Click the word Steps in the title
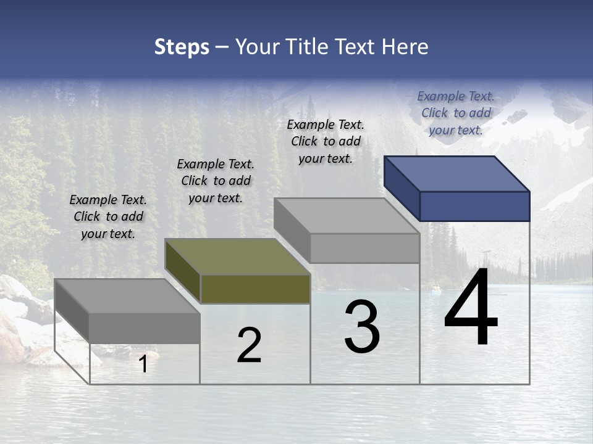[182, 47]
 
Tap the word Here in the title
[405, 47]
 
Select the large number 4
[471, 308]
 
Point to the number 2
[250, 345]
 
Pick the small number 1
[143, 364]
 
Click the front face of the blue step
[474, 206]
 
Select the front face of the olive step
[255, 289]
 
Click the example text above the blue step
[456, 113]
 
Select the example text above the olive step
[216, 181]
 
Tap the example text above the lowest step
[108, 216]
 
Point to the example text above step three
[326, 141]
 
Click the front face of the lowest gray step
[145, 327]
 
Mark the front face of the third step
[364, 248]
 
